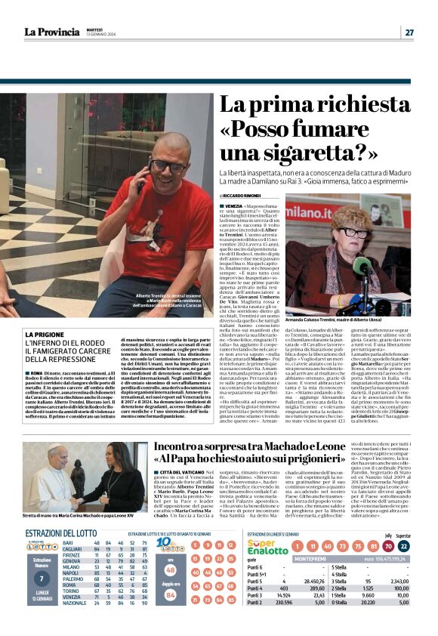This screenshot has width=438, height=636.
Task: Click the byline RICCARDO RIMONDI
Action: click(x=240, y=195)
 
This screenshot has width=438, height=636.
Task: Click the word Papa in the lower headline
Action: click(x=198, y=458)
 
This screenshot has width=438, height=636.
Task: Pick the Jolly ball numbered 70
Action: click(x=387, y=545)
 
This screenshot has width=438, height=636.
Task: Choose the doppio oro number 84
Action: click(x=171, y=594)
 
